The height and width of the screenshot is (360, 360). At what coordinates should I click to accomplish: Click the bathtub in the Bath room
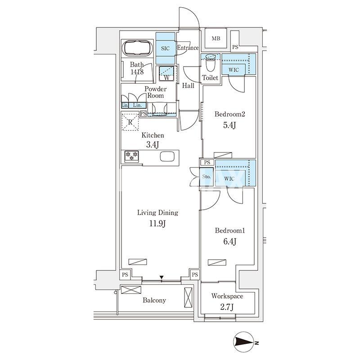pos(138,48)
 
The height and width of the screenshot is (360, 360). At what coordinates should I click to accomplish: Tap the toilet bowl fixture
pos(210,63)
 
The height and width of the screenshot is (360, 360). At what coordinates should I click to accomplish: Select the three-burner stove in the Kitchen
pos(131,155)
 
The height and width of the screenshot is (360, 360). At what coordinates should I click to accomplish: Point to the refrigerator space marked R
pos(130,122)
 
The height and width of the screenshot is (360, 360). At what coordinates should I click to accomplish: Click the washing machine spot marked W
pos(167,73)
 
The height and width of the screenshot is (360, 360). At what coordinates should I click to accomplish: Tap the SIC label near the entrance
pos(165,49)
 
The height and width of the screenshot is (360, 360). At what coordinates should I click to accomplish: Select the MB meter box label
pos(216,39)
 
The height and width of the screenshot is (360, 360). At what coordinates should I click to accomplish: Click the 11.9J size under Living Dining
pos(157,223)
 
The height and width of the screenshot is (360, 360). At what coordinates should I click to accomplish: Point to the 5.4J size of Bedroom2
pos(229,125)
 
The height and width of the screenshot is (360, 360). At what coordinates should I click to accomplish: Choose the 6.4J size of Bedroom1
pos(230,241)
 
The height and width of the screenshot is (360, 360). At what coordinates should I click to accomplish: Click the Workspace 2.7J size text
pos(227,307)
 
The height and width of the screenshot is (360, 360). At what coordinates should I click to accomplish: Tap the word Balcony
pos(154,300)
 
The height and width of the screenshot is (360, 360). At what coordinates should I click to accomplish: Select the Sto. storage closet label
pos(206,176)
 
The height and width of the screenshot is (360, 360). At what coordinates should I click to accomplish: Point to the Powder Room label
pos(156,92)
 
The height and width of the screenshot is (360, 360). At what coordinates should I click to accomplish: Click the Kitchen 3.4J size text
pos(153,144)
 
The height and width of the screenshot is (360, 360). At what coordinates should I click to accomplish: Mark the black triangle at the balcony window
pos(162,277)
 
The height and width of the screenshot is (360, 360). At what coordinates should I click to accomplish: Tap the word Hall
pos(188,85)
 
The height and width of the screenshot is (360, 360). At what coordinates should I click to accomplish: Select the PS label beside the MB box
pos(235,47)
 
